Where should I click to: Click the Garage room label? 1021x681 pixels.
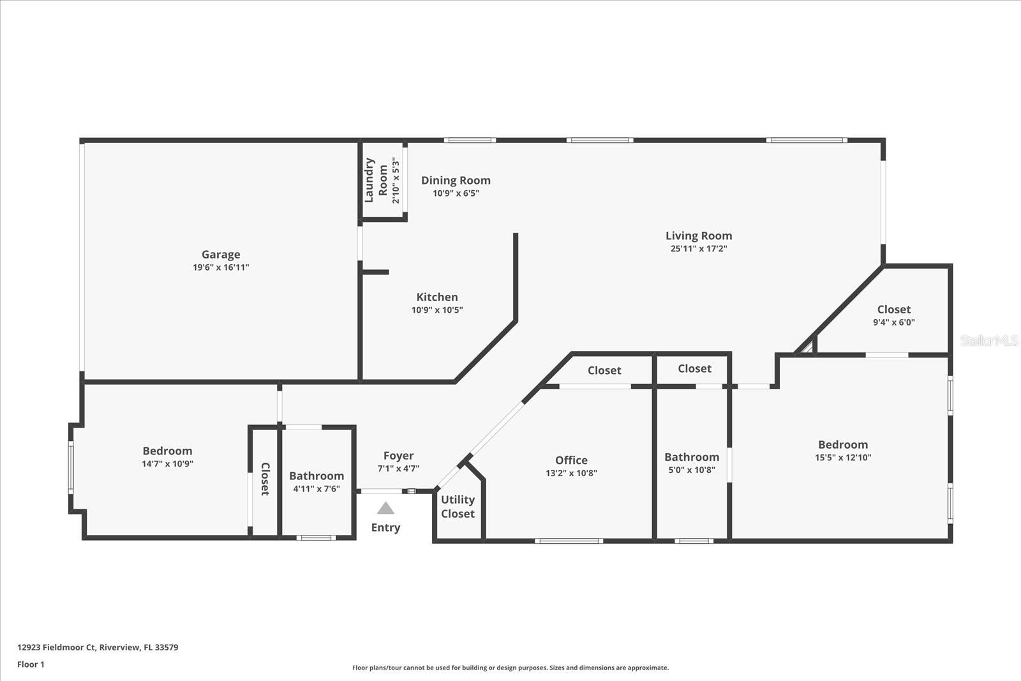click(x=221, y=254)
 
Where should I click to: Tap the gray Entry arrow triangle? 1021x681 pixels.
click(x=385, y=508)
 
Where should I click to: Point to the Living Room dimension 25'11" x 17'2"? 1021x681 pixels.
click(x=699, y=249)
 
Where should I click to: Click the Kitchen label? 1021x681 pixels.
click(x=437, y=297)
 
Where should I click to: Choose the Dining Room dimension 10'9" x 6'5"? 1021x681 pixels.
click(x=456, y=193)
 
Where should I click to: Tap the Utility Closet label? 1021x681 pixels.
click(x=458, y=507)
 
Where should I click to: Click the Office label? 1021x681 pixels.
click(x=571, y=460)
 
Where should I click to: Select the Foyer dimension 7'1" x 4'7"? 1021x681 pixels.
click(x=398, y=468)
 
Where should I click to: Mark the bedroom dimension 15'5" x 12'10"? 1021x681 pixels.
click(x=843, y=457)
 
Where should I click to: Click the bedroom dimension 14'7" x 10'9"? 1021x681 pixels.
click(x=167, y=464)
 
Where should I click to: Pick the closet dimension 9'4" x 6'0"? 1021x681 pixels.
click(x=893, y=322)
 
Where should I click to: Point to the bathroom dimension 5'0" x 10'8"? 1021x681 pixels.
click(x=692, y=470)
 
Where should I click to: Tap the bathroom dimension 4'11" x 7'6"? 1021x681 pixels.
click(x=317, y=489)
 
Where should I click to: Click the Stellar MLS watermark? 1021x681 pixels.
click(x=989, y=341)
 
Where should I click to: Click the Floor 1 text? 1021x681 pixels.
click(x=31, y=664)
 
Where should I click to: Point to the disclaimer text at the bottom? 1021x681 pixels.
click(x=511, y=668)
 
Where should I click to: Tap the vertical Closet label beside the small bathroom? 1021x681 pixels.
click(x=265, y=479)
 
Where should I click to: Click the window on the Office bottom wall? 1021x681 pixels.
click(x=569, y=541)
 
